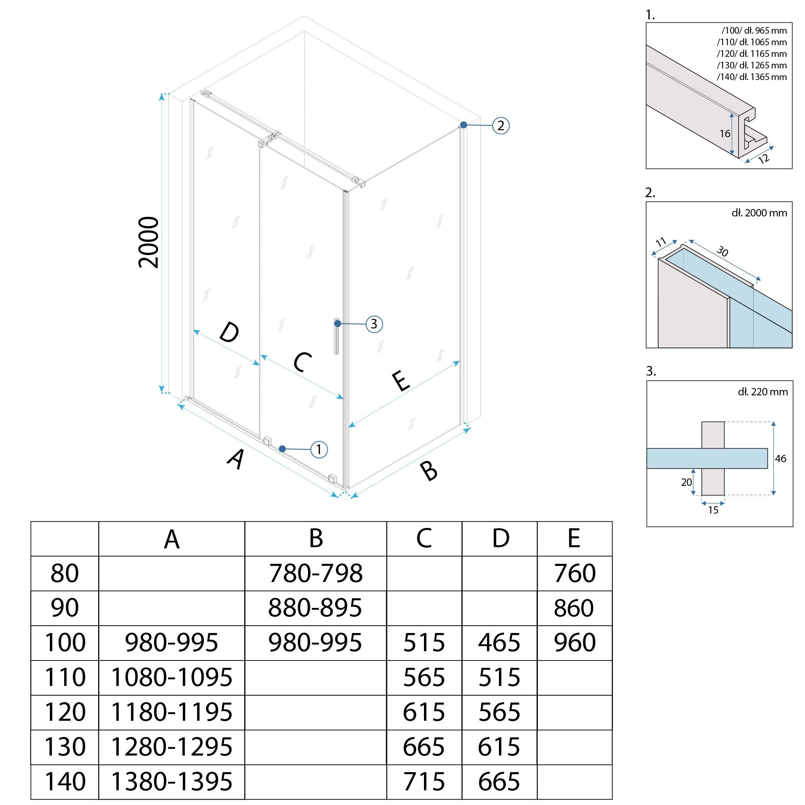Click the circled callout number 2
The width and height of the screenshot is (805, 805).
coord(500,126)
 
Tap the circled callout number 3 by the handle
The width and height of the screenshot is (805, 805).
coord(374,324)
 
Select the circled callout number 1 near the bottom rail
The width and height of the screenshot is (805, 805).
coord(319,449)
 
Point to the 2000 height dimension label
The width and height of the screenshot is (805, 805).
coord(149,242)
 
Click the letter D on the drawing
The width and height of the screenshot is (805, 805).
coord(229,332)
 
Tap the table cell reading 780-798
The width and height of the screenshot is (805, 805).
coord(315,574)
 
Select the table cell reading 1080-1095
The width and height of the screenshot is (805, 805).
coord(171,677)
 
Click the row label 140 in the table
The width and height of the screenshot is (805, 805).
coord(65,781)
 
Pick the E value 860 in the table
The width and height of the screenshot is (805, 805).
coord(574,608)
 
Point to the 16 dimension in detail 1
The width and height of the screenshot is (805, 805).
coord(725,134)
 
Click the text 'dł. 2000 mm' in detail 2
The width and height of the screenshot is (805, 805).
coord(759,213)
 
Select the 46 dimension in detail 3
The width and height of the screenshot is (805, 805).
coord(780,459)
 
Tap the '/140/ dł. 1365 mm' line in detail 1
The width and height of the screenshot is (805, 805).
coord(752,77)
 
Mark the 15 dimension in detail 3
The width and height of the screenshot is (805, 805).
coord(713,510)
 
